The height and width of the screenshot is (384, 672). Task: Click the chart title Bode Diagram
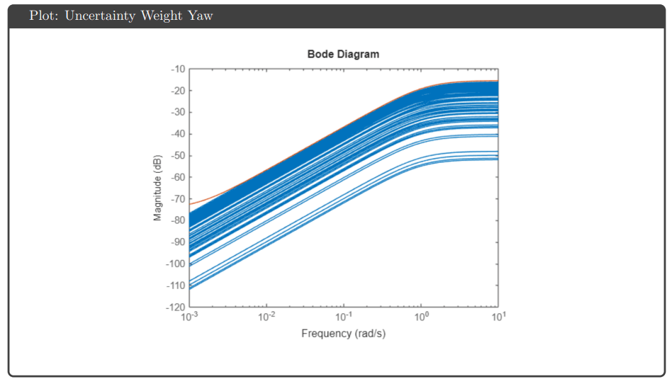tap(343, 54)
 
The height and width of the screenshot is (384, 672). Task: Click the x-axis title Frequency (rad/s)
tap(343, 333)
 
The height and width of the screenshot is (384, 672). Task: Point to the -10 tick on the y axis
tap(177, 69)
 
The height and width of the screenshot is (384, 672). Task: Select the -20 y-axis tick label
tap(177, 91)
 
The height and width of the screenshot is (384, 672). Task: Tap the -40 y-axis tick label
tap(177, 134)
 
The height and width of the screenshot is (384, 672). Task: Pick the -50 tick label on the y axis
tap(177, 156)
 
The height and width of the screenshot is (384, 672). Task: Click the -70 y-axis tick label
tap(177, 199)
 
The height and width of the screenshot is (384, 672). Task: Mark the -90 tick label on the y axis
tap(177, 242)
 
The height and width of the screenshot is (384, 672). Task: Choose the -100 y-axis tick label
tap(175, 264)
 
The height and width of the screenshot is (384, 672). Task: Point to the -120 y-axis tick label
tap(175, 307)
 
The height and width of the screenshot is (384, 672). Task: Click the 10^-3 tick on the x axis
tap(189, 316)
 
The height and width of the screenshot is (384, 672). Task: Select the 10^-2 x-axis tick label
tap(267, 316)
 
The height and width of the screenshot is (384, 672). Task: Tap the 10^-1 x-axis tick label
tap(344, 316)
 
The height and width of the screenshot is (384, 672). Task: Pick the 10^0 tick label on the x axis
tap(422, 316)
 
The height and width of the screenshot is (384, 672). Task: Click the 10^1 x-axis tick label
tap(498, 316)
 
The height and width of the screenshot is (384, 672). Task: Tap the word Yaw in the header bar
tap(201, 16)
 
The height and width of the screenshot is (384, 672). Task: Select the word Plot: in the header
tap(44, 16)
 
